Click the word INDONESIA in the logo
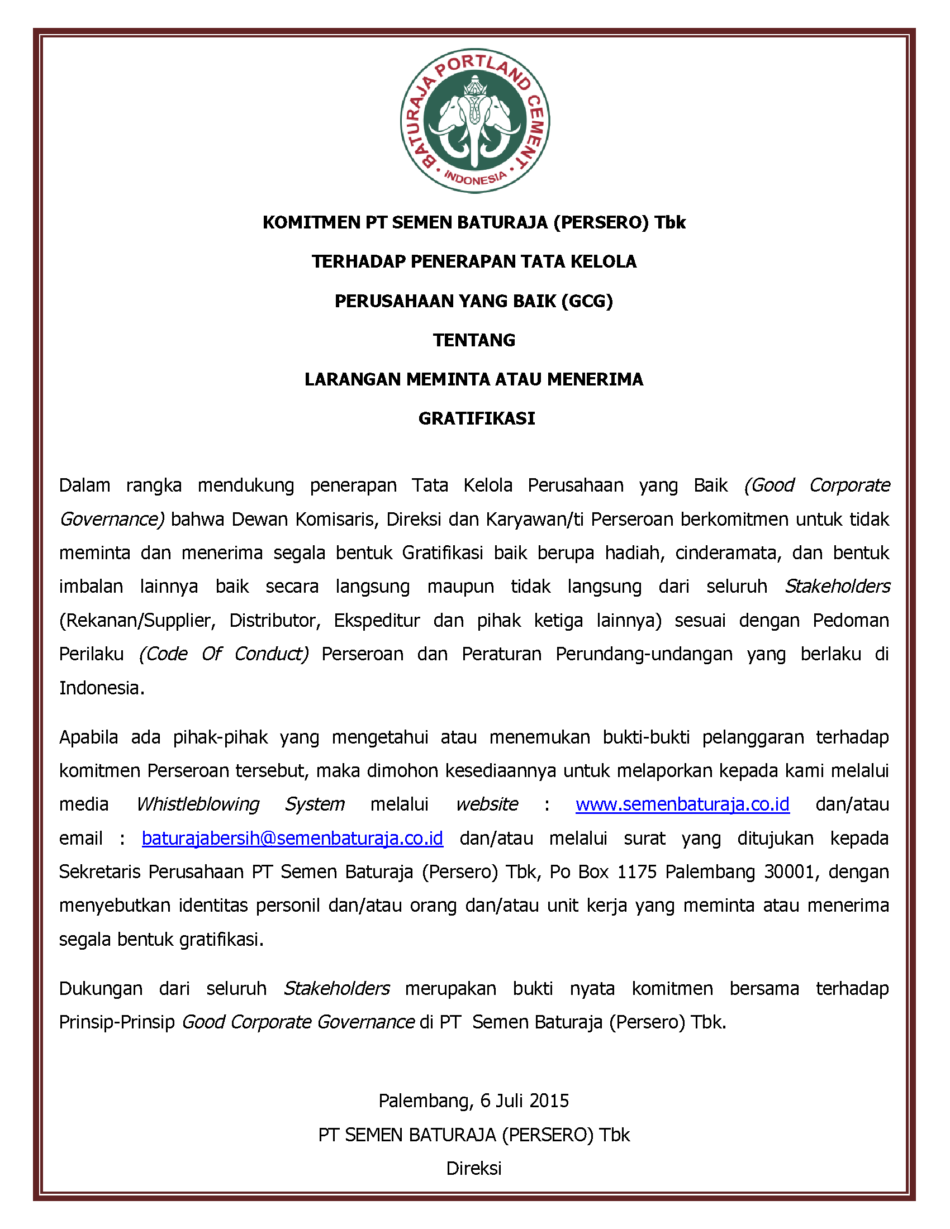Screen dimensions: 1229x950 click(474, 178)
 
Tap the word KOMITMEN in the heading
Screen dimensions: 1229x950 click(312, 223)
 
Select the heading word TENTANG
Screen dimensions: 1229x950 click(474, 340)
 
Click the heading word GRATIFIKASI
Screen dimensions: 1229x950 click(476, 418)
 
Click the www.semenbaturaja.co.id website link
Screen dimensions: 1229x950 click(682, 804)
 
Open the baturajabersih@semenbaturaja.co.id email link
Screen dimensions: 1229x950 click(292, 838)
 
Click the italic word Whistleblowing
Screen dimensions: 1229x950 click(197, 804)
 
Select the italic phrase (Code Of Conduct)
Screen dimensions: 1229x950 click(224, 654)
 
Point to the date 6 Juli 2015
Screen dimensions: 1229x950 click(525, 1101)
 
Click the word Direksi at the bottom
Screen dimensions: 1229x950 click(474, 1168)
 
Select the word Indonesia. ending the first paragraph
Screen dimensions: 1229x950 click(102, 688)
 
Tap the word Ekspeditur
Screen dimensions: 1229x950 click(377, 620)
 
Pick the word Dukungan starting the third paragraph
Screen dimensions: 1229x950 click(101, 988)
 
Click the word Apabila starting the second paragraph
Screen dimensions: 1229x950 click(88, 737)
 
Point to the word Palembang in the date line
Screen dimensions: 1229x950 click(425, 1101)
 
